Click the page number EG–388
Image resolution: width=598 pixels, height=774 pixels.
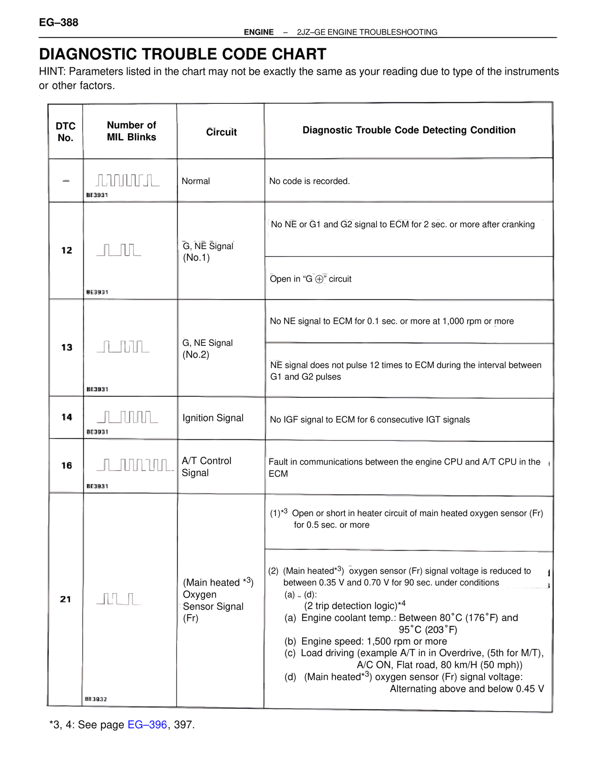(58, 22)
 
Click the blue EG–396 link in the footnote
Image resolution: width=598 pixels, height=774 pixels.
(147, 724)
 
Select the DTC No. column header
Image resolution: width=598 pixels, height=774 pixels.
(65, 132)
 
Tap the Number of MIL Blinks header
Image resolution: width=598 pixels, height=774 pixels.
(131, 131)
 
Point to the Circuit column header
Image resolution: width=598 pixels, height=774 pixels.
(221, 132)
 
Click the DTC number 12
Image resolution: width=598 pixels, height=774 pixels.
(67, 251)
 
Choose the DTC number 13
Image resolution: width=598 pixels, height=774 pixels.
(67, 347)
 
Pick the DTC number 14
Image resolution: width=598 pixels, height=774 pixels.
(67, 417)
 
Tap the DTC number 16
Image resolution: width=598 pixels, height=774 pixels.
(67, 466)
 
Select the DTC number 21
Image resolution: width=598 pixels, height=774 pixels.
(66, 599)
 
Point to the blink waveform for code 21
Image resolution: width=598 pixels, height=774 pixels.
(119, 599)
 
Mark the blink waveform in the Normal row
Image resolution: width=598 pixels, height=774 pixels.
(128, 180)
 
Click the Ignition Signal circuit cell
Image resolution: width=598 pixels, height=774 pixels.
(213, 418)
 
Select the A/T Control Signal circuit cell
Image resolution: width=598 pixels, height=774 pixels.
(206, 466)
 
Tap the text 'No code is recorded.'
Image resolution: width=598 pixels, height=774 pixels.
(309, 181)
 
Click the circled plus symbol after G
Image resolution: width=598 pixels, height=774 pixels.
(320, 279)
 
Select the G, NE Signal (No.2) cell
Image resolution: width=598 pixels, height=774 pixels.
(207, 349)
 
